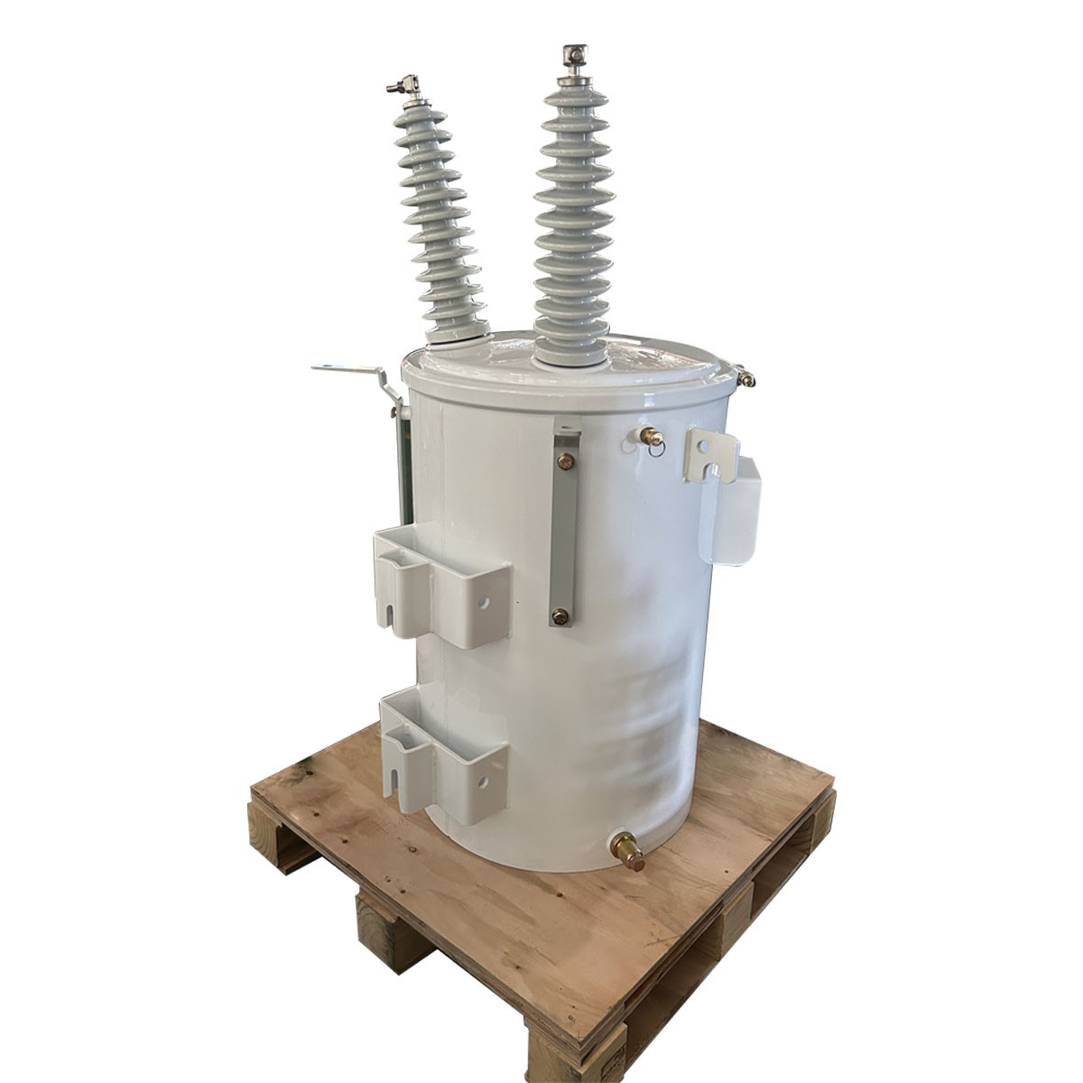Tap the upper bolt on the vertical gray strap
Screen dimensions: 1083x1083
tap(565, 462)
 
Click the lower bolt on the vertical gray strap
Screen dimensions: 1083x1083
tap(560, 617)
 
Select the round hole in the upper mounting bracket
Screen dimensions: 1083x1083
tap(483, 600)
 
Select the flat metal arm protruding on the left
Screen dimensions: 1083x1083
tap(347, 369)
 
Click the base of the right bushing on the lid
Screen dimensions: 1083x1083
tap(569, 357)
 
